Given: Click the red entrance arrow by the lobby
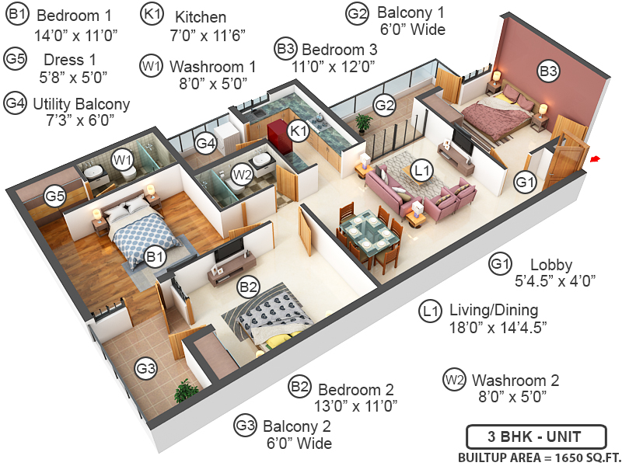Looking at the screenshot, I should [595, 160].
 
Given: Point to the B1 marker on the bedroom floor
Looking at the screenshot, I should [154, 256].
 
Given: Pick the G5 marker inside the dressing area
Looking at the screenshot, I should [54, 196].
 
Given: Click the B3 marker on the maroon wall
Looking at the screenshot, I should [548, 72].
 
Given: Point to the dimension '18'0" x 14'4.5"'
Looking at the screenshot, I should [498, 328].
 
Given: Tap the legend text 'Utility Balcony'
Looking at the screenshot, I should [81, 103].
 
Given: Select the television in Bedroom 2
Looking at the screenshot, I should [230, 250].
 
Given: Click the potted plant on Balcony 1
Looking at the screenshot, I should [363, 122].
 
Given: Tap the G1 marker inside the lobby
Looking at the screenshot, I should [526, 183].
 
